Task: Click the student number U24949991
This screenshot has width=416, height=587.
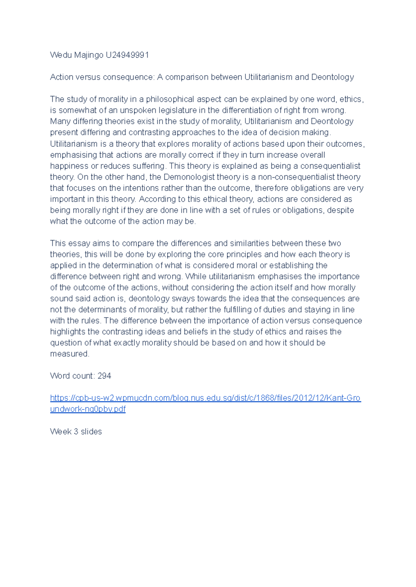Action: (x=127, y=55)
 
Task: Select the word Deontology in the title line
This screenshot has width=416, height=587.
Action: (x=332, y=77)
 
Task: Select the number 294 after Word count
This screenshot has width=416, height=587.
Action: (x=104, y=376)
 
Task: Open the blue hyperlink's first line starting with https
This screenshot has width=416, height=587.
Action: (x=205, y=398)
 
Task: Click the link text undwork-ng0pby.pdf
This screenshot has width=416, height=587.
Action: (x=88, y=409)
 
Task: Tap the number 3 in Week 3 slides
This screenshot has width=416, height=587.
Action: (x=76, y=431)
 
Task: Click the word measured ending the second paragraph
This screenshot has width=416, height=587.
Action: (x=69, y=354)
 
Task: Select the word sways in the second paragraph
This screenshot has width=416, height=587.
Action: (x=182, y=298)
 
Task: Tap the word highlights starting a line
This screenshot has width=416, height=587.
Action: (x=68, y=332)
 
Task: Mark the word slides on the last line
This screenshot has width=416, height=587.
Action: (x=91, y=431)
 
